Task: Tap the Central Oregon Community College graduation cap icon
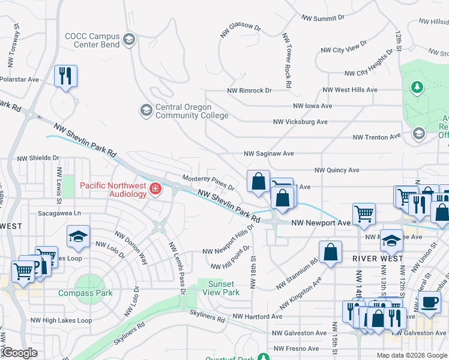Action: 146,110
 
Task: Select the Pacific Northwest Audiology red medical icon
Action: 155,190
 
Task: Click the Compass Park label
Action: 85,293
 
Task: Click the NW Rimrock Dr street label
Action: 249,91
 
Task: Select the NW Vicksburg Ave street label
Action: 300,122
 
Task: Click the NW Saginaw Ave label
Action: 268,154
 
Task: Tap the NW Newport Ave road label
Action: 321,223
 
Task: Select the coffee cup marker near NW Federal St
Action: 430,302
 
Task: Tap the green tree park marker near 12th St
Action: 417,88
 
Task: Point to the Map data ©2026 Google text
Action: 411,355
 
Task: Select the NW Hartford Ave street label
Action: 257,316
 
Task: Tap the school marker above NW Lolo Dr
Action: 78,237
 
